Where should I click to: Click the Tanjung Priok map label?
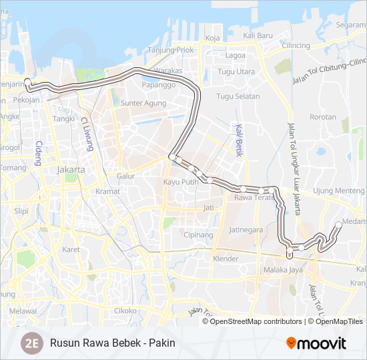[x=170, y=50]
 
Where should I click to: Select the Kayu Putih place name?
[x=181, y=181]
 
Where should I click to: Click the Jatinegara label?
[x=246, y=229]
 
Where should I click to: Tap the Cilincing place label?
[x=296, y=45]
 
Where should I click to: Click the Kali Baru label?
[x=258, y=35]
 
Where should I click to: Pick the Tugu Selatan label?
[x=238, y=97]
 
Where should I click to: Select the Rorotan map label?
[x=323, y=117]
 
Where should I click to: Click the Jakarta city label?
[x=71, y=169]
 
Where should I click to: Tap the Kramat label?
[x=107, y=191]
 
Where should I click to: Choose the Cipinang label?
[x=198, y=235]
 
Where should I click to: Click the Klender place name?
[x=225, y=259]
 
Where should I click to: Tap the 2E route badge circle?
[x=31, y=343]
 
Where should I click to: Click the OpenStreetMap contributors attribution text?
[x=256, y=321]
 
